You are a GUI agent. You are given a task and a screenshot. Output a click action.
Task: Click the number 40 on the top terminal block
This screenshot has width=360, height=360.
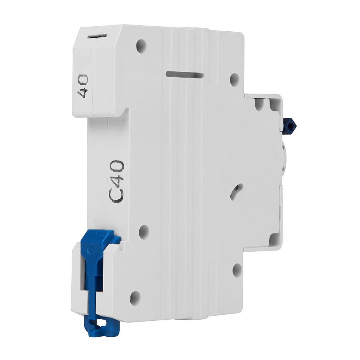pyautogui.click(x=83, y=86)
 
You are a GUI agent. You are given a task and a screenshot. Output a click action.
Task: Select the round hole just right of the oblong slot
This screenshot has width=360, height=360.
pyautogui.click(x=235, y=80)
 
